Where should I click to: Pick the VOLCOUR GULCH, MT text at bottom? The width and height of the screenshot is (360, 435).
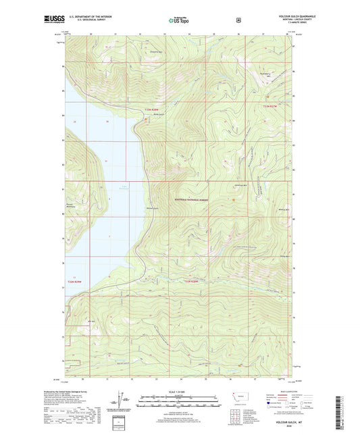click(x=284, y=421)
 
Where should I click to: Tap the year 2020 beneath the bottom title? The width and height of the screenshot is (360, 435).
click(x=284, y=426)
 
